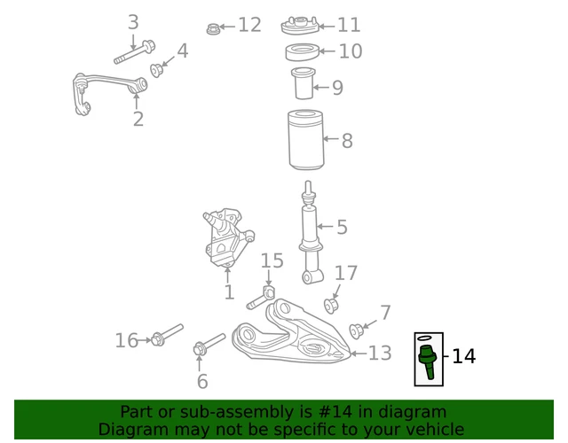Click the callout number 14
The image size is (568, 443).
click(463, 357)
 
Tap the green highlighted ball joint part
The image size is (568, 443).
click(427, 361)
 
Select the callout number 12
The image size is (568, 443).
click(249, 25)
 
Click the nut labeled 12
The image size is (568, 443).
click(213, 28)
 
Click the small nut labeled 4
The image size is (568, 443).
click(157, 70)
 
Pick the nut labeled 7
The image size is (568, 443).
click(357, 331)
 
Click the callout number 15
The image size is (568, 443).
click(272, 260)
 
